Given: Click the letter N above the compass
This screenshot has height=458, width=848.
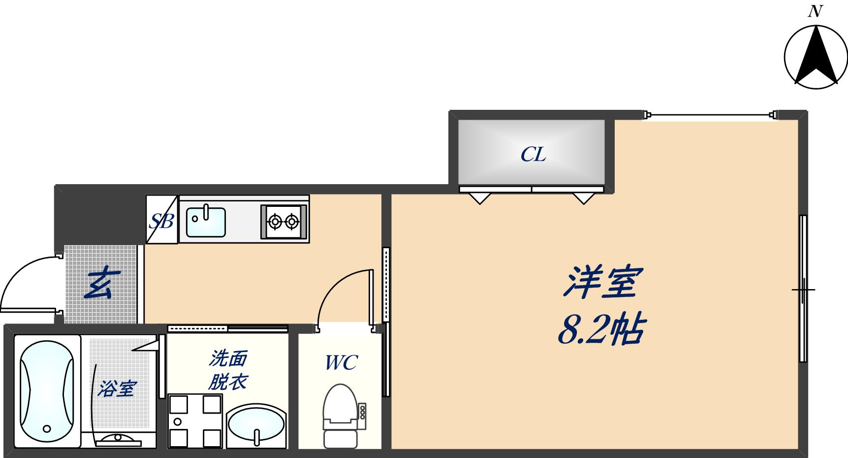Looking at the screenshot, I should pos(816,11).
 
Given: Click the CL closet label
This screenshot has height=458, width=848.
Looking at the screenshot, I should pos(533,155).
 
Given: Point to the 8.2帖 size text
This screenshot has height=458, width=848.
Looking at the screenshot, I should pos(601,329).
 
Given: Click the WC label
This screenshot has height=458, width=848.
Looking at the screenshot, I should pos(341,363).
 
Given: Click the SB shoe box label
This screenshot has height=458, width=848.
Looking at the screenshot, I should pos(161,221).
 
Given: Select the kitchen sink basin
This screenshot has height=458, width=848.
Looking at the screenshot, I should pos(206,222).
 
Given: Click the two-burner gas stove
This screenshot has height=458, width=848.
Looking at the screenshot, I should pos(283,222).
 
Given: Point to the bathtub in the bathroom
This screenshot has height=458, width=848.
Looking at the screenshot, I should pos(47,391).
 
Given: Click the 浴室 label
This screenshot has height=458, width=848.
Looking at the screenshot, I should pos(116,389).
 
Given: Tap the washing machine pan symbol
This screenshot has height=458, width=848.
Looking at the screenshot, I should pos(195,421).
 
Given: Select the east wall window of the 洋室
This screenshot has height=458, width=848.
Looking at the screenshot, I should pos(803,289).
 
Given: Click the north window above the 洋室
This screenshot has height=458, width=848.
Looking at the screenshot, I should pos(710,116).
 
